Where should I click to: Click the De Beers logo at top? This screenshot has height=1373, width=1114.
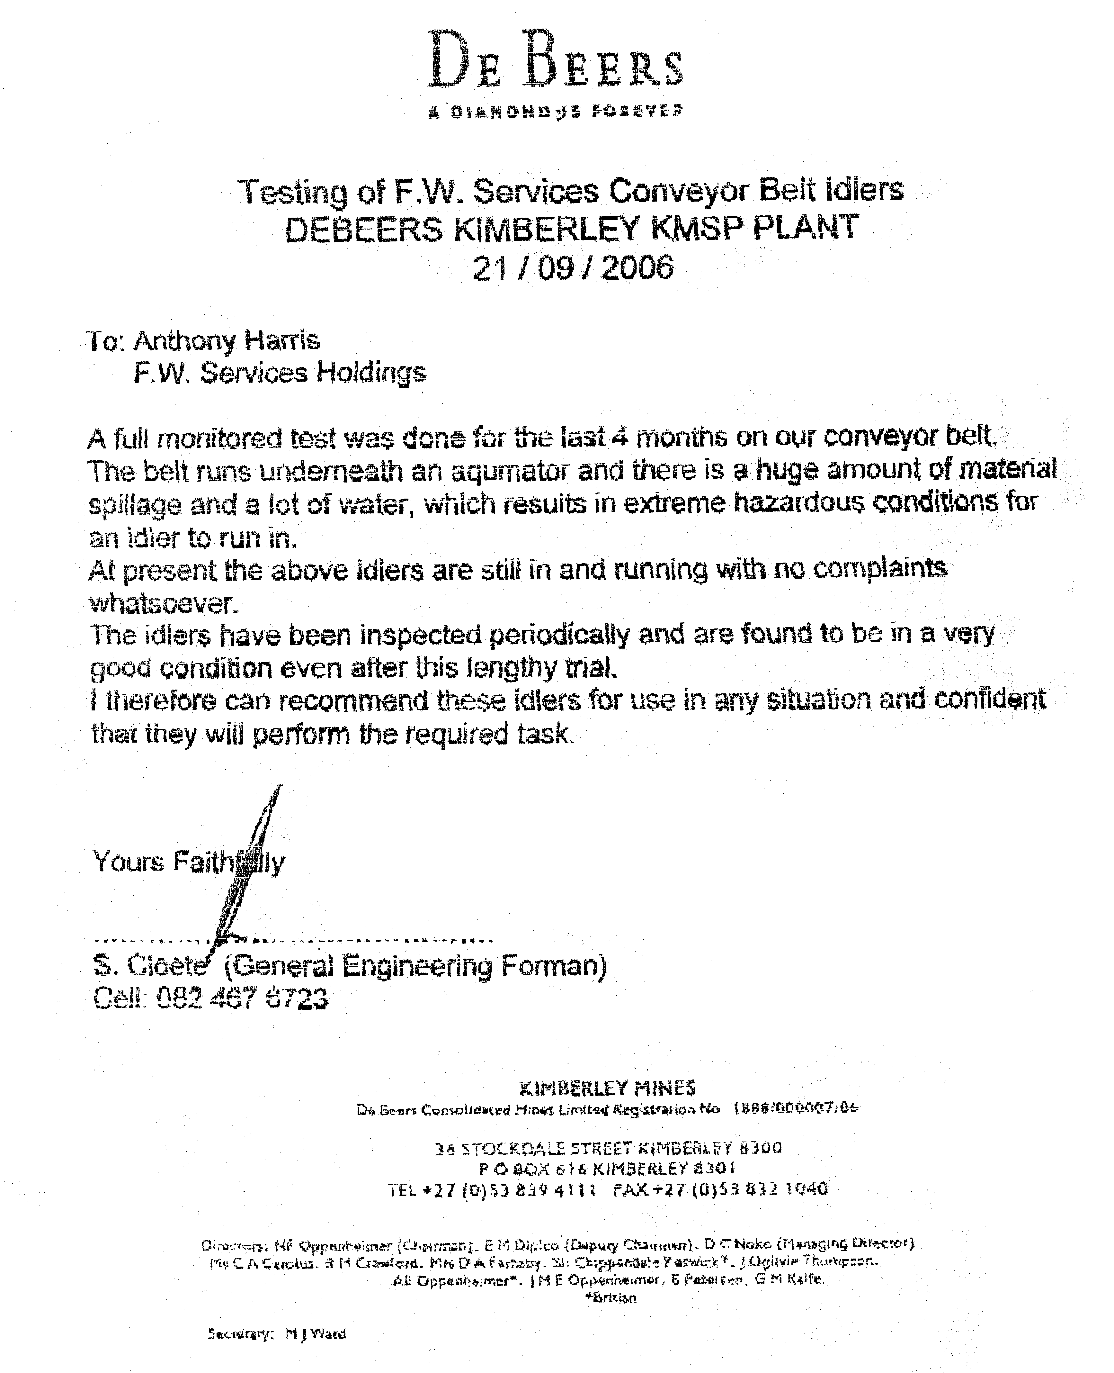556,61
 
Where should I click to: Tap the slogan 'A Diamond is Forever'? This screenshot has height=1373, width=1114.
556,111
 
